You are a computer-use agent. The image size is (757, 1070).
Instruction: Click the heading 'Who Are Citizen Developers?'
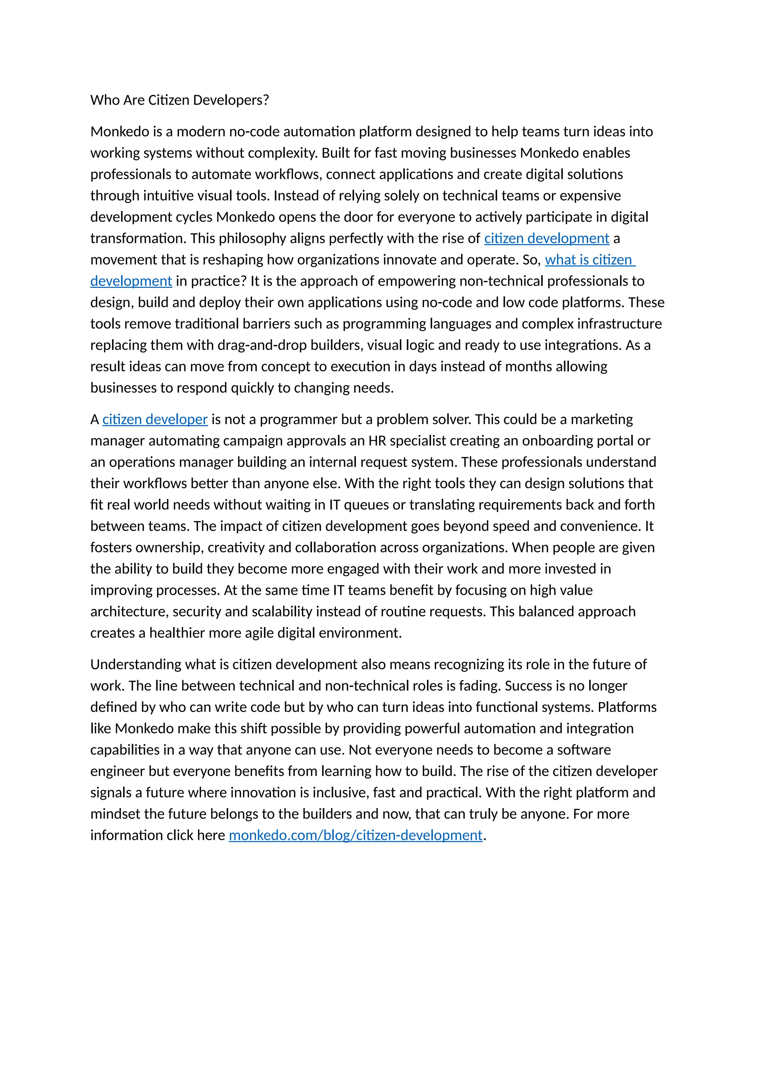click(180, 100)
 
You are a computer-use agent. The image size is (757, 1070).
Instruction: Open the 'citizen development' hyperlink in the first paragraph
click(546, 239)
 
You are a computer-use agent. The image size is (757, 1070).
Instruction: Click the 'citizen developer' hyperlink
click(155, 419)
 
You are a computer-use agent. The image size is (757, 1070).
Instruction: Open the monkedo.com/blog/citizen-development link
click(355, 835)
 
